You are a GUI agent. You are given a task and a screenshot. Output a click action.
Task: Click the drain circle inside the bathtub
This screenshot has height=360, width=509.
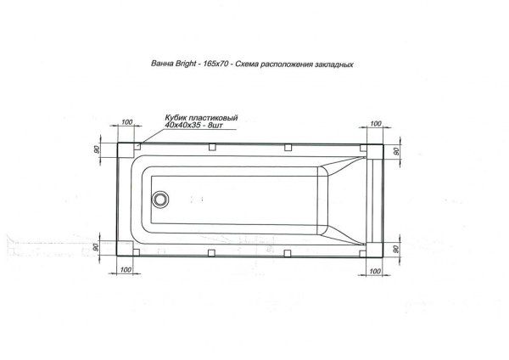point(159,200)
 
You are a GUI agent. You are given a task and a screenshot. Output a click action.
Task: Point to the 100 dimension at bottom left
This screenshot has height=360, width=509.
point(128,270)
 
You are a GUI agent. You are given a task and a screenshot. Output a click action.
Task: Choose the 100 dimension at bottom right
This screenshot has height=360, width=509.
point(378,270)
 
